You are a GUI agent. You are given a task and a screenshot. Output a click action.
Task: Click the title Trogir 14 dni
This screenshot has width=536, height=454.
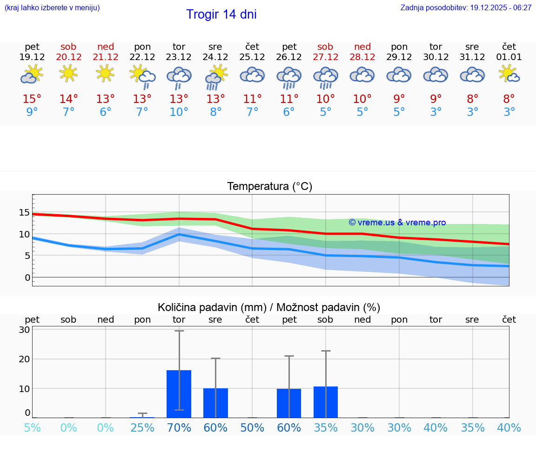point(221,14)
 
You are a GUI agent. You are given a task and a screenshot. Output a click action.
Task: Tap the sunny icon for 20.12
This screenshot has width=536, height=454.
point(68,74)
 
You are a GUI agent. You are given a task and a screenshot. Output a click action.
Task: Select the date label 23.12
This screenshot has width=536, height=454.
point(179,57)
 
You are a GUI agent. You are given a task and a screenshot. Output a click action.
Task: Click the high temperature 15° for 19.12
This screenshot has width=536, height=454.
point(32,99)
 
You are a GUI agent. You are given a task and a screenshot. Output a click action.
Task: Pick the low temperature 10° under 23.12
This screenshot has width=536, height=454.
point(179,112)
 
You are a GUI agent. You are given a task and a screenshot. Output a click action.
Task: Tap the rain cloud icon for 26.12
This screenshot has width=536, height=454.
point(289,76)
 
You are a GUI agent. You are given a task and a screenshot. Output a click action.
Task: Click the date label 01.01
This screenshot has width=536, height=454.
point(509,57)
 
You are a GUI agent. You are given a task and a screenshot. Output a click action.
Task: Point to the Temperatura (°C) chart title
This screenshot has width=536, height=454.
point(269,187)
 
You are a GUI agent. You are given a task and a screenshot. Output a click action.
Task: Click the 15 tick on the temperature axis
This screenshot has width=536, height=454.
point(24,213)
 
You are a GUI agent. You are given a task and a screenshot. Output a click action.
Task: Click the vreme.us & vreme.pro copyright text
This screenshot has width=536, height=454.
point(397,223)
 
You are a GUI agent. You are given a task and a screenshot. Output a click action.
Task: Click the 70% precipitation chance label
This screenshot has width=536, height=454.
point(179,428)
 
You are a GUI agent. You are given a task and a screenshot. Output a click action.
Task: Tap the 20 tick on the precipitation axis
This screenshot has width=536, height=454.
point(24,359)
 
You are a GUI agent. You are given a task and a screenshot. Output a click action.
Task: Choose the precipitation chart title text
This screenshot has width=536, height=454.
point(269,307)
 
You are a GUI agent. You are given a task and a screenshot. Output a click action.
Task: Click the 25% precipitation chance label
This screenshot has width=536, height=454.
point(142,428)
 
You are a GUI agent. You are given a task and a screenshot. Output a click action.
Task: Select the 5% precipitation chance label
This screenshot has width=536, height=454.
point(32,428)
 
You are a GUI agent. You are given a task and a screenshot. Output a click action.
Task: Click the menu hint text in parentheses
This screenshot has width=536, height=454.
point(52,8)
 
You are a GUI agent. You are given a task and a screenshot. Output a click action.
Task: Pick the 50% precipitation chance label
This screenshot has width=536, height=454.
point(252,428)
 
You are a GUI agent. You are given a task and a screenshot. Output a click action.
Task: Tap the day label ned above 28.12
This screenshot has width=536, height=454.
point(362,47)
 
